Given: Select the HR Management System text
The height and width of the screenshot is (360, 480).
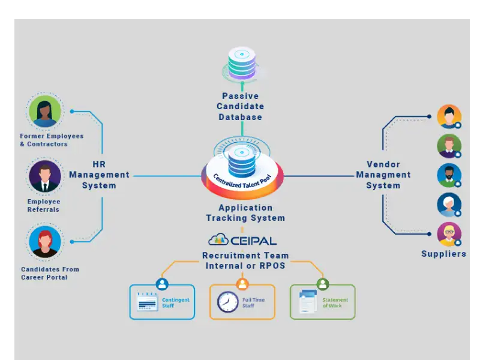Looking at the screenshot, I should [x=100, y=175].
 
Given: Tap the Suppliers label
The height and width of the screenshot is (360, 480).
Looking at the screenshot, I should [x=443, y=254].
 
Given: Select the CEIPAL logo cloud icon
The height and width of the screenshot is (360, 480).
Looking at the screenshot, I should [x=218, y=240].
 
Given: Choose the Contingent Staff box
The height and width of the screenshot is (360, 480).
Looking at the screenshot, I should [x=163, y=302].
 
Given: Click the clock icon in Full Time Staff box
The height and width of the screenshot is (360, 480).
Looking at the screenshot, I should [x=227, y=302].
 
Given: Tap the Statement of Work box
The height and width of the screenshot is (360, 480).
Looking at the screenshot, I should [x=323, y=302].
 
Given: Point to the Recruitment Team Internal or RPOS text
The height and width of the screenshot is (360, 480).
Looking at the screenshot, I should [x=245, y=260].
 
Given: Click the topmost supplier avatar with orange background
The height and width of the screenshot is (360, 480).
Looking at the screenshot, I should [x=449, y=116].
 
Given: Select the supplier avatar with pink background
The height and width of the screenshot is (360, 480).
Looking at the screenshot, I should [x=449, y=234].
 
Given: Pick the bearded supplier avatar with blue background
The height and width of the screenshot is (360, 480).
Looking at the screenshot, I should [x=449, y=175].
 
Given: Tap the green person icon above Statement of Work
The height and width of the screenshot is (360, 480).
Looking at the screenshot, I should [x=323, y=284].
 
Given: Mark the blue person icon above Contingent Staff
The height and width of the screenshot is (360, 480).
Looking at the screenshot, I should [x=162, y=284].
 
